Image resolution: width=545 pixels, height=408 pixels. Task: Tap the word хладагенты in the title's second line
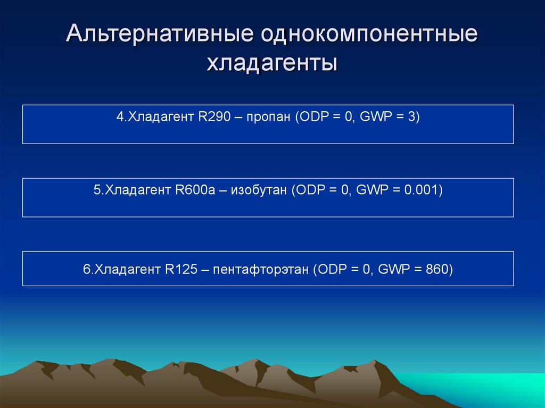pyautogui.click(x=272, y=64)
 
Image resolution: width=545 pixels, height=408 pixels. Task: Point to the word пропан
pyautogui.click(x=268, y=117)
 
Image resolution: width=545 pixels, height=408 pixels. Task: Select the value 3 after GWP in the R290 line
pyautogui.click(x=411, y=117)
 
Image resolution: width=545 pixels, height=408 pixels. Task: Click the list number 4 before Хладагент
pyautogui.click(x=119, y=117)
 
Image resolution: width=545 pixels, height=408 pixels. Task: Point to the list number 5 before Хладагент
pyautogui.click(x=97, y=190)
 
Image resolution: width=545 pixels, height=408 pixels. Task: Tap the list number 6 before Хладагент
pyautogui.click(x=86, y=270)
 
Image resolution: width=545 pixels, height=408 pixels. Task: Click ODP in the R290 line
pyautogui.click(x=311, y=117)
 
